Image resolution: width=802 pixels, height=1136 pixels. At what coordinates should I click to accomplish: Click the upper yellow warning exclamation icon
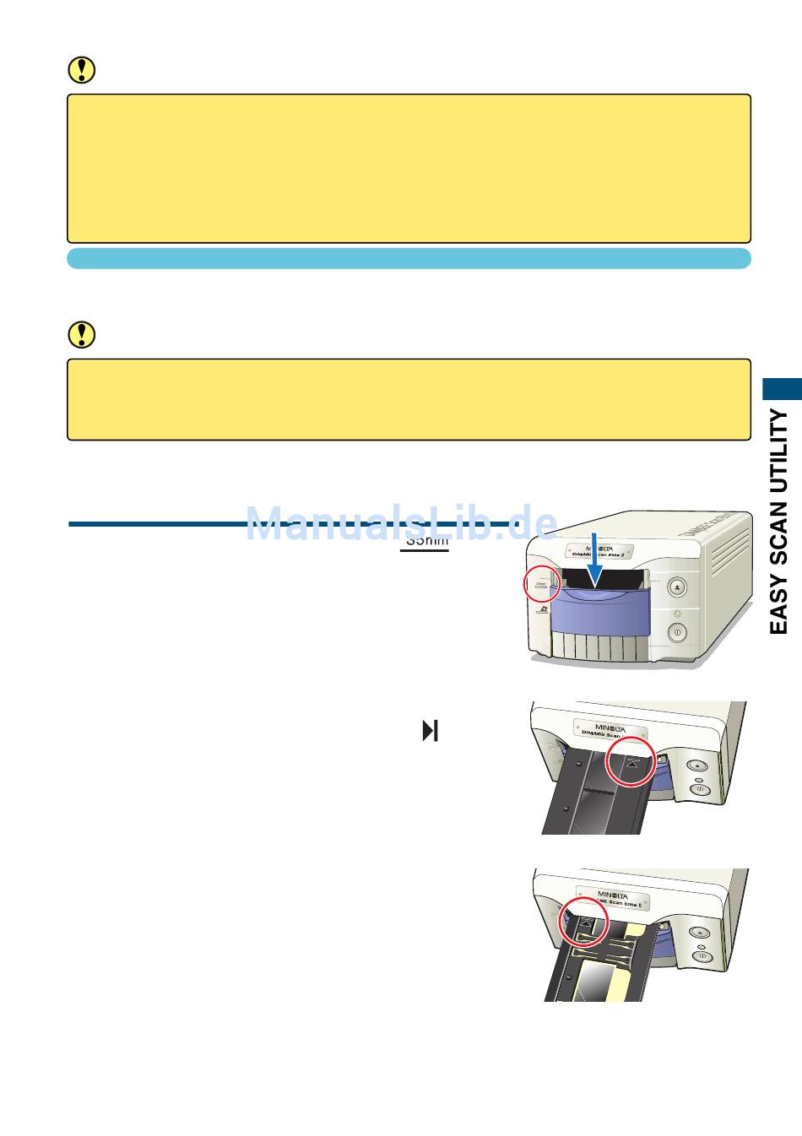(x=81, y=70)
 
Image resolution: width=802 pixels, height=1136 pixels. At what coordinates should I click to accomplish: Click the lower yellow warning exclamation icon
(x=81, y=335)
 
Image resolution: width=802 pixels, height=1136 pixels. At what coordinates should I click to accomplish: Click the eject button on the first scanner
(x=677, y=587)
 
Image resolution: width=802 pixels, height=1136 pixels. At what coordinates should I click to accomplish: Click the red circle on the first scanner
(x=541, y=583)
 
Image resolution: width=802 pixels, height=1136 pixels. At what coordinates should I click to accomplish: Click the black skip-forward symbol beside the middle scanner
(x=431, y=730)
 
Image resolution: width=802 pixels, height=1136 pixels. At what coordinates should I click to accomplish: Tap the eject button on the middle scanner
(x=697, y=765)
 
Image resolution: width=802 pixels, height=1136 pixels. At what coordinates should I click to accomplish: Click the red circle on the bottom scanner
(x=584, y=922)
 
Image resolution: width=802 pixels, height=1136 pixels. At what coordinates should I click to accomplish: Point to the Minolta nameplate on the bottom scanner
(x=613, y=898)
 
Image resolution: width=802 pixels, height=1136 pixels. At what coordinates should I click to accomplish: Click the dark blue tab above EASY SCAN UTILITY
(x=783, y=388)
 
